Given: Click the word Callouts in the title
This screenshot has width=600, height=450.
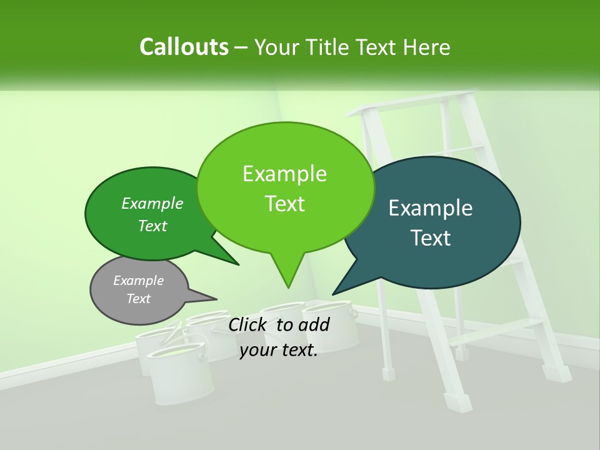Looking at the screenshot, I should pos(184,47).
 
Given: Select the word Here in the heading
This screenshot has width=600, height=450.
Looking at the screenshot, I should pos(427,47).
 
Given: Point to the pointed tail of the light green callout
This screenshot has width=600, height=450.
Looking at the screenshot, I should pos(287,278).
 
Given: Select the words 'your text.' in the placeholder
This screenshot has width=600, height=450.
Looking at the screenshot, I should pos(279,350).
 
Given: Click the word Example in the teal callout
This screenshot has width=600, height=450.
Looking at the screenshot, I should pos(431,208).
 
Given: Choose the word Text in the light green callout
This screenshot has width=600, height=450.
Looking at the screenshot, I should pos(285,204).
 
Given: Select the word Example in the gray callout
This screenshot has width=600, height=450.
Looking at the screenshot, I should pos(139,281).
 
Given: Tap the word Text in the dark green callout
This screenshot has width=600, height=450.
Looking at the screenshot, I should pos(152,226).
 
